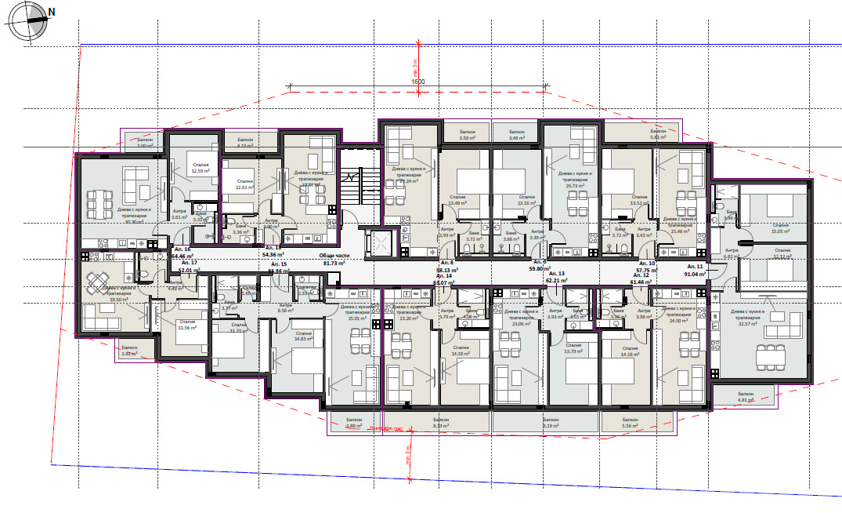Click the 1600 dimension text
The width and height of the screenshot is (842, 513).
click(417, 82)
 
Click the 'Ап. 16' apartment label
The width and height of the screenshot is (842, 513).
click(181, 248)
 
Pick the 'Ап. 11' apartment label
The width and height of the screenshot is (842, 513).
click(696, 267)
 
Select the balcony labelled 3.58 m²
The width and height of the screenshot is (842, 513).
click(468, 135)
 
